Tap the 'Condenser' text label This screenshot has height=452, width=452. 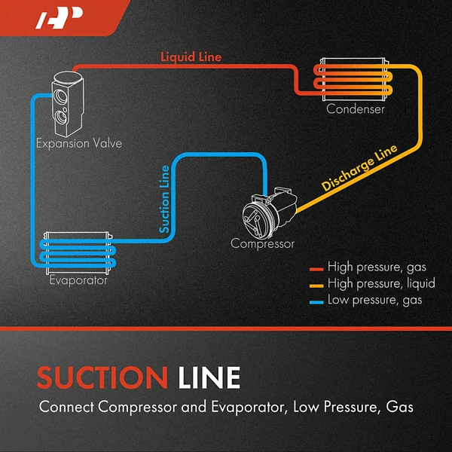coord(355,109)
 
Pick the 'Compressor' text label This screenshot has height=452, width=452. coord(262,243)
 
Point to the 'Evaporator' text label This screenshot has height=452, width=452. coord(78,281)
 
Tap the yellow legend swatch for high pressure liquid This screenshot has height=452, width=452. coord(316,284)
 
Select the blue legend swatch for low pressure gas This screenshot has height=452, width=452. coord(316,301)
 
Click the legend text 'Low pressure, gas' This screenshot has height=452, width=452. coord(375,301)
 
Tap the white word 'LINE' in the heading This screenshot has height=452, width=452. coord(210,377)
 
